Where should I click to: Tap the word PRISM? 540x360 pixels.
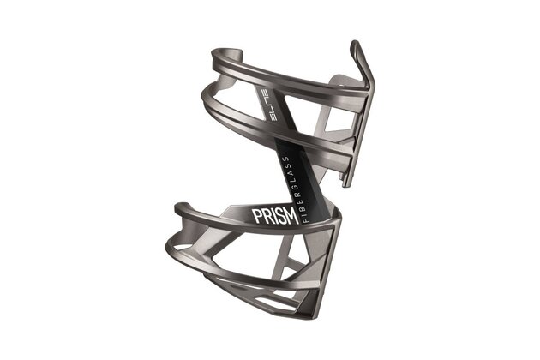[273, 216]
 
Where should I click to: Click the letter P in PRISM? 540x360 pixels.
[258, 216]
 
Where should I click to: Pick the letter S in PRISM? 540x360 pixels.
[280, 216]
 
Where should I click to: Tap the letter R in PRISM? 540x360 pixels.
[267, 216]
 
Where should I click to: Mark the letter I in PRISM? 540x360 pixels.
[274, 216]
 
